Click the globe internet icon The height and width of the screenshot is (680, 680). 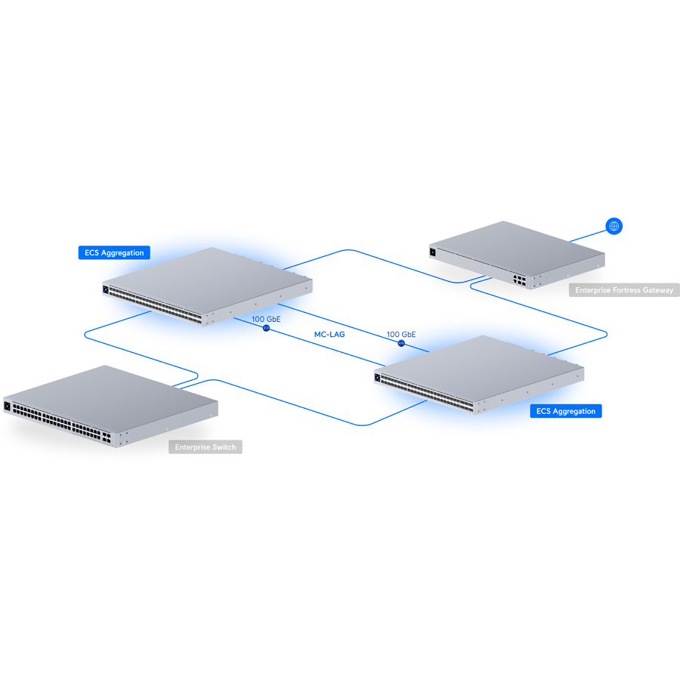[614, 225]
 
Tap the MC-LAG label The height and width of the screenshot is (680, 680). [329, 334]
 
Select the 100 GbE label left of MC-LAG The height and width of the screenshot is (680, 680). [266, 320]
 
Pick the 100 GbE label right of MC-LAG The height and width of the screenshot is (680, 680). [401, 334]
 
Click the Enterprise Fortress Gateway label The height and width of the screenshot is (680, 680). [624, 290]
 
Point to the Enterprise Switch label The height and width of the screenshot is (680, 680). [206, 447]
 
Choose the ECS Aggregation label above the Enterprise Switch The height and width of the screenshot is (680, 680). [115, 253]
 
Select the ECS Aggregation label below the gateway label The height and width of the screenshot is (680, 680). [566, 411]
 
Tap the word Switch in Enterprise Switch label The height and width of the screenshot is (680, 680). [224, 447]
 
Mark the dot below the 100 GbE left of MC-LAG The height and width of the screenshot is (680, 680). [266, 329]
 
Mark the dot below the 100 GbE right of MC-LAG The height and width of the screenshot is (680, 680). [401, 343]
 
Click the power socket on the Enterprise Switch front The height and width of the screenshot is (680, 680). [8, 406]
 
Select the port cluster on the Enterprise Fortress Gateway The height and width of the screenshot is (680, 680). [519, 279]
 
